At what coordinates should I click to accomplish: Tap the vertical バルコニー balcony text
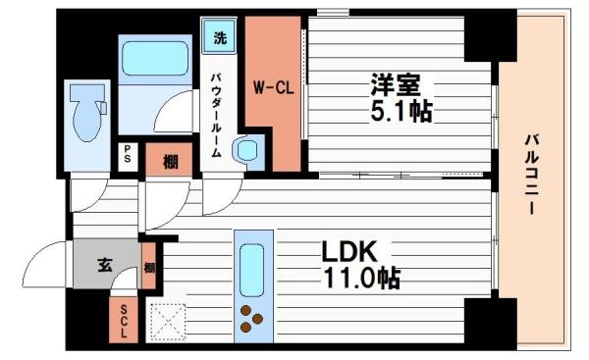point(529,176)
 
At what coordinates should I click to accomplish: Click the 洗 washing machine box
point(219,38)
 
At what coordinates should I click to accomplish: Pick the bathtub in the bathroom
point(155,61)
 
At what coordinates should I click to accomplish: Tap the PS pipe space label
point(128,155)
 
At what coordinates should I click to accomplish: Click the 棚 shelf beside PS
point(170,161)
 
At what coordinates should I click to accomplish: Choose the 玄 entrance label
point(105,263)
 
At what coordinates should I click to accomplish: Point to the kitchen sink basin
point(251,268)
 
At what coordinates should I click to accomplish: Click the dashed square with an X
point(168,320)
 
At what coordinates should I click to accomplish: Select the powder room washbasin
point(245,150)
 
